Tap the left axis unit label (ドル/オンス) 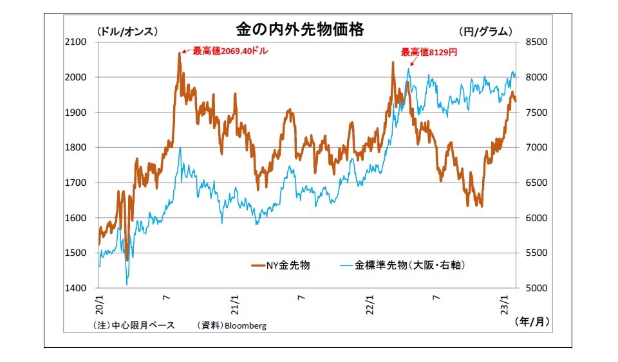127,31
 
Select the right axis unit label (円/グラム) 485,31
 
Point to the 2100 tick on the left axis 75,42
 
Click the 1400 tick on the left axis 75,288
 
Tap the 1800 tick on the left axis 75,147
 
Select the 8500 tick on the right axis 537,42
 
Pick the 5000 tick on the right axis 537,288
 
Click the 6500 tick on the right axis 537,183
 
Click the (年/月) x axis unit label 531,325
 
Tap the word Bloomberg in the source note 244,325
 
